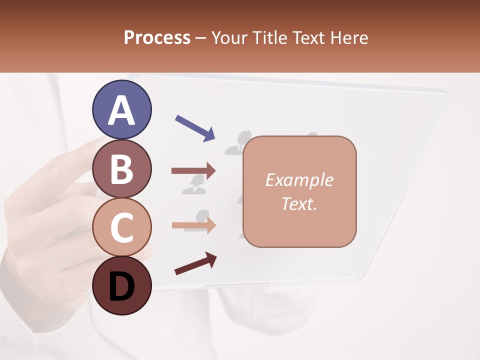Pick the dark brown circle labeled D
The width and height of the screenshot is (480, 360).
click(x=121, y=285)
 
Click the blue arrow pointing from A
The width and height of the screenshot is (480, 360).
click(x=195, y=128)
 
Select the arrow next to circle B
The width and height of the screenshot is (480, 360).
click(x=193, y=171)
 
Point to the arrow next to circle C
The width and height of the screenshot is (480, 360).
click(x=193, y=225)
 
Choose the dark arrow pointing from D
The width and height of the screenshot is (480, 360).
click(x=195, y=264)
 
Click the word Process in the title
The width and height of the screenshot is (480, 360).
click(x=157, y=38)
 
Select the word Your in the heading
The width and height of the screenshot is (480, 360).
click(x=228, y=38)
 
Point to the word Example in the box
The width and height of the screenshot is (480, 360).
click(x=299, y=180)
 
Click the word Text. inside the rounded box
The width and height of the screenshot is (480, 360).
click(x=299, y=203)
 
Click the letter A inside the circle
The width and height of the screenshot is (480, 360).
click(x=121, y=110)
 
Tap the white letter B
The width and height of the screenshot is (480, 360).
click(x=121, y=169)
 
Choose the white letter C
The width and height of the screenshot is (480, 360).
click(x=121, y=228)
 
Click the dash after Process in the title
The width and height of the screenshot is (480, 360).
click(x=201, y=38)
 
